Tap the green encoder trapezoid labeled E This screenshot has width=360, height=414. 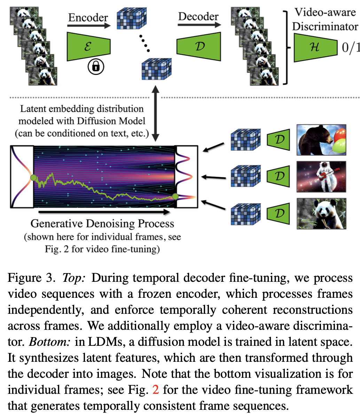(88, 46)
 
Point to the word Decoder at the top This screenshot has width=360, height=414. (198, 16)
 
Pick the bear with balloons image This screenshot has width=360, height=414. (321, 140)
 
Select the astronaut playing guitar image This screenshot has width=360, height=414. (321, 176)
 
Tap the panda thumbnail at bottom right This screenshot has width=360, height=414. (321, 213)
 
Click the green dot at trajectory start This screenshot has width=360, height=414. (33, 178)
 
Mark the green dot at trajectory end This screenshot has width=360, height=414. (175, 197)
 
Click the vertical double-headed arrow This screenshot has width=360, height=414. (155, 114)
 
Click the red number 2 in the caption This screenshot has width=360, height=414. (156, 389)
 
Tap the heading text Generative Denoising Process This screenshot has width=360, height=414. (102, 223)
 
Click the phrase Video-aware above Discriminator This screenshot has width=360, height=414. (325, 13)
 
